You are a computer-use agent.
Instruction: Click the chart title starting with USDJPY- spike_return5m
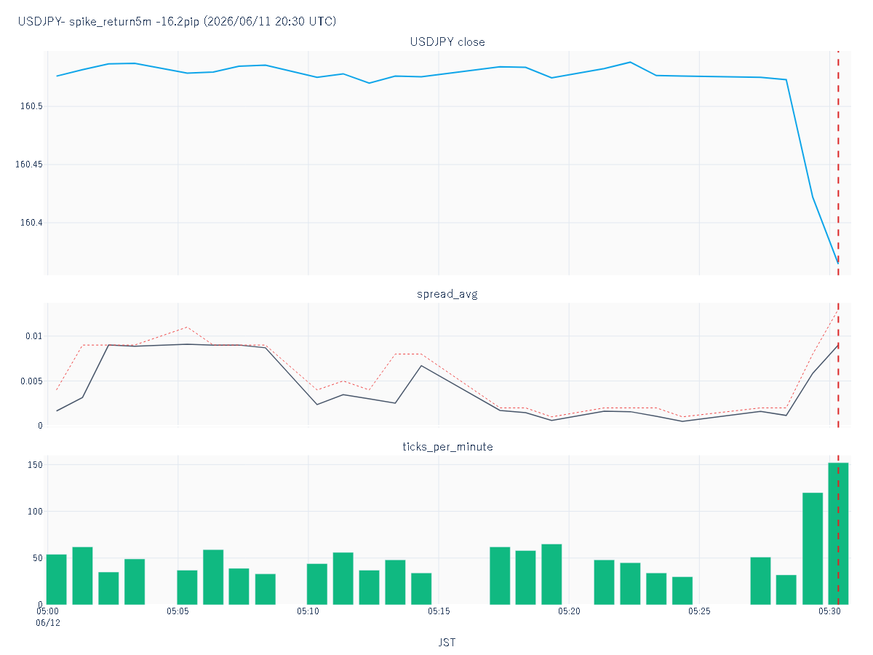pyautogui.click(x=177, y=21)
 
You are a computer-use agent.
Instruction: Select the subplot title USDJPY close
pyautogui.click(x=447, y=42)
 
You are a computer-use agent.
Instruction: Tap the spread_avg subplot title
pyautogui.click(x=447, y=294)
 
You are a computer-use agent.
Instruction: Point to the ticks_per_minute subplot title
pyautogui.click(x=447, y=447)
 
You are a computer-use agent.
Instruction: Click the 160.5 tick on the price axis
pyautogui.click(x=31, y=106)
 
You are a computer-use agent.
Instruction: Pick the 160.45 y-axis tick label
pyautogui.click(x=28, y=164)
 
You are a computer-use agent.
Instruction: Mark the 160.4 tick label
pyautogui.click(x=31, y=223)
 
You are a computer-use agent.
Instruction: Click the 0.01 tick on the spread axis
pyautogui.click(x=33, y=336)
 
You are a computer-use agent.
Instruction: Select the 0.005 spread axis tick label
pyautogui.click(x=31, y=381)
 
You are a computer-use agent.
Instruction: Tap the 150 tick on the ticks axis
pyautogui.click(x=35, y=464)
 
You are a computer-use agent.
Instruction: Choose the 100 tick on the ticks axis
pyautogui.click(x=35, y=512)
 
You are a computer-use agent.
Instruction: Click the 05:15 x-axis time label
pyautogui.click(x=439, y=611)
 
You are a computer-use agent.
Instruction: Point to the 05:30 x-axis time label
pyautogui.click(x=829, y=611)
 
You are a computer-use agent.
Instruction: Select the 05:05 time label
pyautogui.click(x=178, y=611)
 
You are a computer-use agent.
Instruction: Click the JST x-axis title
pyautogui.click(x=447, y=643)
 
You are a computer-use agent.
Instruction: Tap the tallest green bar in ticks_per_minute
pyautogui.click(x=838, y=533)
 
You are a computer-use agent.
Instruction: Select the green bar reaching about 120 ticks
pyautogui.click(x=813, y=549)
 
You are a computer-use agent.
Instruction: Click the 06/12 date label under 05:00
pyautogui.click(x=48, y=623)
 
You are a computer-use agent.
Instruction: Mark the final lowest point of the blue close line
pyautogui.click(x=838, y=263)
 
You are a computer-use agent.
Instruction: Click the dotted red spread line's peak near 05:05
pyautogui.click(x=187, y=327)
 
